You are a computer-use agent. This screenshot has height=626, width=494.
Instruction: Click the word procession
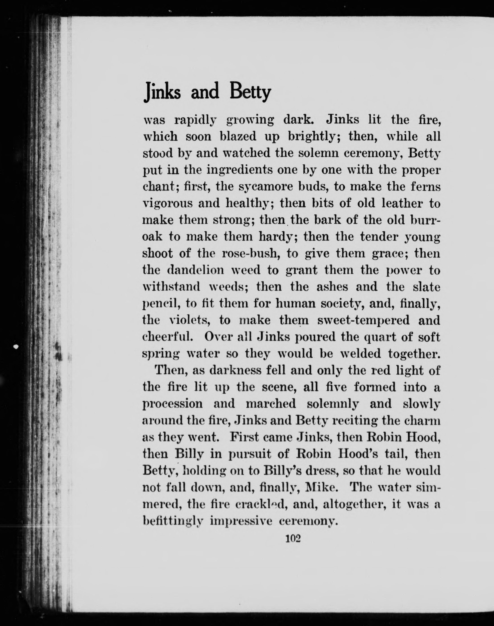[173, 404]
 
